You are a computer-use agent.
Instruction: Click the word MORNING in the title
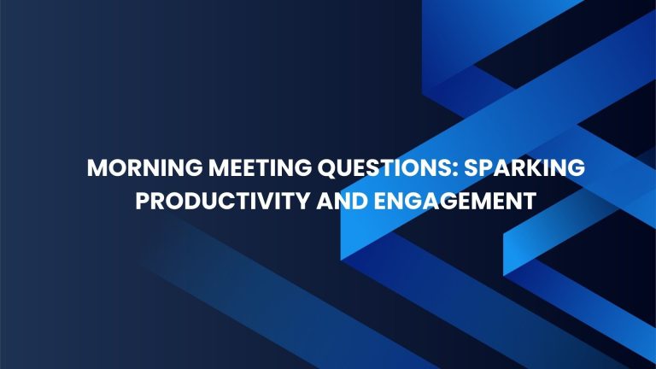pyautogui.click(x=144, y=168)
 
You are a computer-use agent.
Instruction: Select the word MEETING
pyautogui.click(x=261, y=168)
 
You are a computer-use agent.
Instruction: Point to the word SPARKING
pyautogui.click(x=524, y=168)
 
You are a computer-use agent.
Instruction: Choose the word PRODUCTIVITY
pyautogui.click(x=223, y=201)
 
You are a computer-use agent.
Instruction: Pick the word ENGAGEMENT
pyautogui.click(x=455, y=201)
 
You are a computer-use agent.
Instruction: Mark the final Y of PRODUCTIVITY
pyautogui.click(x=302, y=202)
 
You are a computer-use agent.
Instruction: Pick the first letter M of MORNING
pyautogui.click(x=98, y=168)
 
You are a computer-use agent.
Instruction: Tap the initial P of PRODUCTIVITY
pyautogui.click(x=143, y=202)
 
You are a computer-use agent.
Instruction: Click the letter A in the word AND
pyautogui.click(x=325, y=202)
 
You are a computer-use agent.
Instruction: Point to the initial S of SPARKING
pyautogui.click(x=471, y=168)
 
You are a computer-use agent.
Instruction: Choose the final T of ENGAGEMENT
pyautogui.click(x=530, y=202)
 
